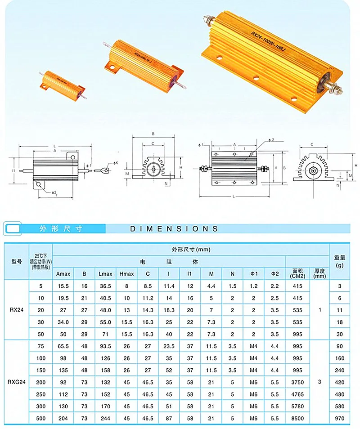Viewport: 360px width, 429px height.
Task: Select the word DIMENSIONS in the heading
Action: pos(174,229)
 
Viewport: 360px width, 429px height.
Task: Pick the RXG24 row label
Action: pos(17,382)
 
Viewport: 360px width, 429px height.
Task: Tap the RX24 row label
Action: pos(17,310)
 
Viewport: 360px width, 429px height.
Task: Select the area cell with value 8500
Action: pos(297,418)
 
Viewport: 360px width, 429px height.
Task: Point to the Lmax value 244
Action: pos(105,418)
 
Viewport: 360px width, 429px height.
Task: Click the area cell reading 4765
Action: pos(297,394)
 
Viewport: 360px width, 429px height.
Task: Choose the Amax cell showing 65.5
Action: pos(63,346)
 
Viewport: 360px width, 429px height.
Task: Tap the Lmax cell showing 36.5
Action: pos(105,286)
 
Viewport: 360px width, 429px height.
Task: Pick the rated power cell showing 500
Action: pos(40,418)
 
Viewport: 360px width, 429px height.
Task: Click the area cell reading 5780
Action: pos(297,406)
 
